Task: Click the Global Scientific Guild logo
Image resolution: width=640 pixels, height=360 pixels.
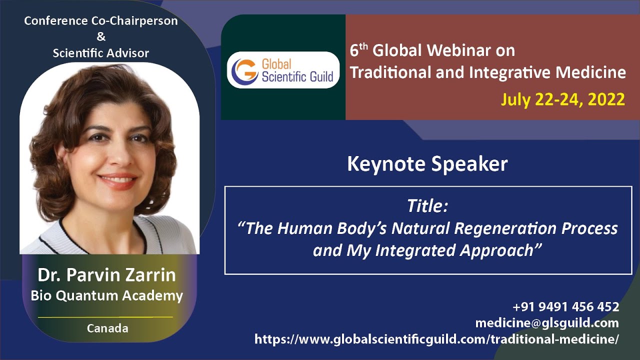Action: [x=283, y=70]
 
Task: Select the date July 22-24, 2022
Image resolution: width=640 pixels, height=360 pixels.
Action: [x=562, y=99]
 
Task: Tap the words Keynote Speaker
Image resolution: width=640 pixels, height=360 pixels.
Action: [x=427, y=164]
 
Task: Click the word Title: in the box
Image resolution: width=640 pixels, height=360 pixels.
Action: [x=428, y=205]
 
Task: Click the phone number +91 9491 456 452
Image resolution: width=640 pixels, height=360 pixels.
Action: [x=566, y=306]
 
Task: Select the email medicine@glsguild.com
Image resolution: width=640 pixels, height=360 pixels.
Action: [x=547, y=322]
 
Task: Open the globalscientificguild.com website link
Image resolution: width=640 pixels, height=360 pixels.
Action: [x=436, y=339]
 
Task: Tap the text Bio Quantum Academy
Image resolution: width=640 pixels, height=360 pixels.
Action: [x=106, y=295]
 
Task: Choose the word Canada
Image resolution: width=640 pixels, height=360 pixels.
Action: [x=107, y=328]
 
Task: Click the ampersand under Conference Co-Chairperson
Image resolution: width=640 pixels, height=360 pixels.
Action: [x=100, y=37]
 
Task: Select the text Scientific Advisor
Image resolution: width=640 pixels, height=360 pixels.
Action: [x=101, y=52]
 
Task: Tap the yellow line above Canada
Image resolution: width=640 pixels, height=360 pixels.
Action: [x=105, y=317]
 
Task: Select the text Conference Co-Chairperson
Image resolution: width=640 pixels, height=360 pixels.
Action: [x=101, y=21]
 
